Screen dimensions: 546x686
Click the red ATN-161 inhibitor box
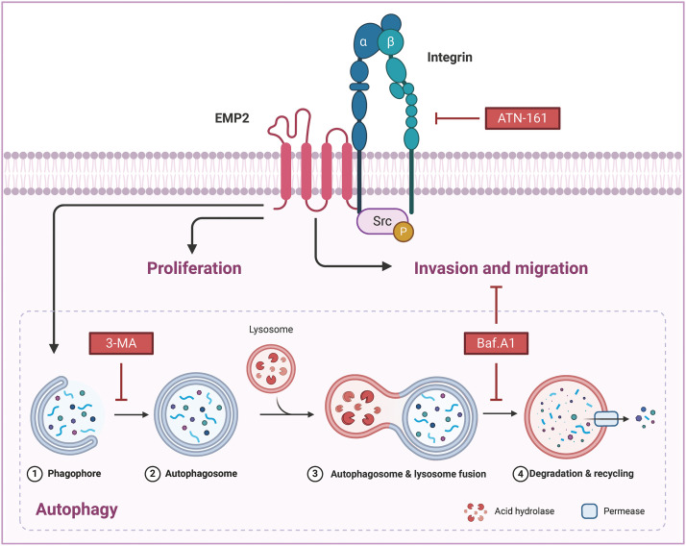point(524,119)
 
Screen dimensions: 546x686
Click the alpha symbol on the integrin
point(363,42)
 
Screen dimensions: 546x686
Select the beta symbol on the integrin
point(390,42)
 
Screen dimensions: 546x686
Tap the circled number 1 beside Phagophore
point(32,473)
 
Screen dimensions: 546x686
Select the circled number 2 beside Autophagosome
point(152,473)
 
